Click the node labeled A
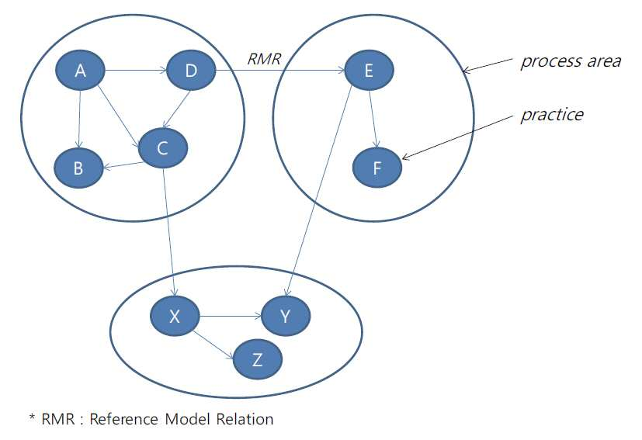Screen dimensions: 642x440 80,71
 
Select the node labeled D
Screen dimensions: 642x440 191,71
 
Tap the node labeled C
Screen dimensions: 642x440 163,148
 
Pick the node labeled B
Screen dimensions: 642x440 78,168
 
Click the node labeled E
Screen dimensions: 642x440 370,71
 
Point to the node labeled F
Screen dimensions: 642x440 377,168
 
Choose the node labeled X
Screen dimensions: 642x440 175,316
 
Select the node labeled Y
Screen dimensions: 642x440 286,316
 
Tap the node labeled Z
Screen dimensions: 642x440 258,359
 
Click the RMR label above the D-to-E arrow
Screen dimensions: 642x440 264,59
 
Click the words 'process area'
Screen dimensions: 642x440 571,61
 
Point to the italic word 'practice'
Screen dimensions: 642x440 552,115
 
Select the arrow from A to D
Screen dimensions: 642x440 136,71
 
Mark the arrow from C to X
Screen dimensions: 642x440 169,232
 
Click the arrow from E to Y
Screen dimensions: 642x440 319,191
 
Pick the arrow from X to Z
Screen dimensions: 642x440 213,345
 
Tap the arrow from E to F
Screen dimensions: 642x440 373,119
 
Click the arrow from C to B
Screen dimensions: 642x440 123,165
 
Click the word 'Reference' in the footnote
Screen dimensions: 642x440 123,419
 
